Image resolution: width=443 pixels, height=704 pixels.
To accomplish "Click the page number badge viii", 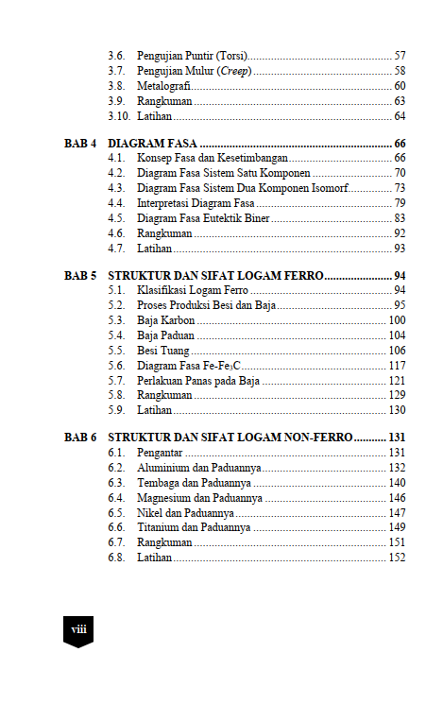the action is point(77,628).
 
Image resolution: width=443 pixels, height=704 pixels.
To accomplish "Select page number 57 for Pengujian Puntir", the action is point(400,56).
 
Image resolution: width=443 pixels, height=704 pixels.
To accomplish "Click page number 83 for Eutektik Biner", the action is point(400,218).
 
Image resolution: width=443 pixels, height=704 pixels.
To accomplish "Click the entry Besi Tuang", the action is point(162,351).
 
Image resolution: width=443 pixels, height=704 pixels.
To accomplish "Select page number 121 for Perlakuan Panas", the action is point(397,381).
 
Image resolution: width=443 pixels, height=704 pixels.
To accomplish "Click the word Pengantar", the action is point(160,454).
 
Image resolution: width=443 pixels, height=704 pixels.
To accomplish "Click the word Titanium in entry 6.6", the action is point(159,527).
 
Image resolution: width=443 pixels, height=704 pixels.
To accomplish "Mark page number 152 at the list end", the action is point(397,558).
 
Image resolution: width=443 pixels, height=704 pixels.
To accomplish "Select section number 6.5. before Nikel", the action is point(116,512).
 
